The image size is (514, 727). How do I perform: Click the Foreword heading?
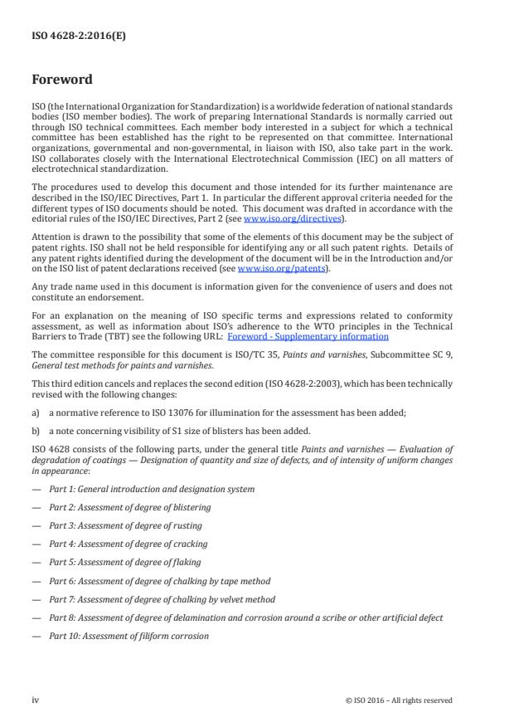(x=62, y=81)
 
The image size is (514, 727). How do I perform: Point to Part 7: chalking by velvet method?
(x=162, y=599)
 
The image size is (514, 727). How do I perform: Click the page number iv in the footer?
(x=36, y=700)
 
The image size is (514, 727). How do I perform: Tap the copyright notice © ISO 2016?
(x=399, y=700)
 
